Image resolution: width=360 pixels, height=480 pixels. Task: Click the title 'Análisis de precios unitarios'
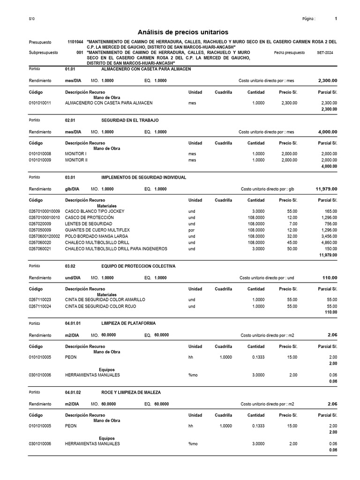[x=183, y=32]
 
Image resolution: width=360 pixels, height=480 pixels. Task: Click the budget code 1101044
[x=75, y=42]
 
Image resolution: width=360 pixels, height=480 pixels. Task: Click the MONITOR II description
[x=76, y=160]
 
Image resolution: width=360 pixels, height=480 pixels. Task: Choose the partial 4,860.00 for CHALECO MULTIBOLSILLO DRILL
[x=327, y=242]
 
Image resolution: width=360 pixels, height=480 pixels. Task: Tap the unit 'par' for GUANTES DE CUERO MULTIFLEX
[x=191, y=230]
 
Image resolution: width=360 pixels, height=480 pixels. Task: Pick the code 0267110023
[x=40, y=300]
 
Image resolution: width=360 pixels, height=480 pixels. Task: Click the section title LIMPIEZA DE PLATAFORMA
[x=128, y=323]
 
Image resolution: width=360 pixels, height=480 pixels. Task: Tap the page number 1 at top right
[x=336, y=19]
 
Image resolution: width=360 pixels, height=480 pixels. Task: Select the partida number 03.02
[x=70, y=266]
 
